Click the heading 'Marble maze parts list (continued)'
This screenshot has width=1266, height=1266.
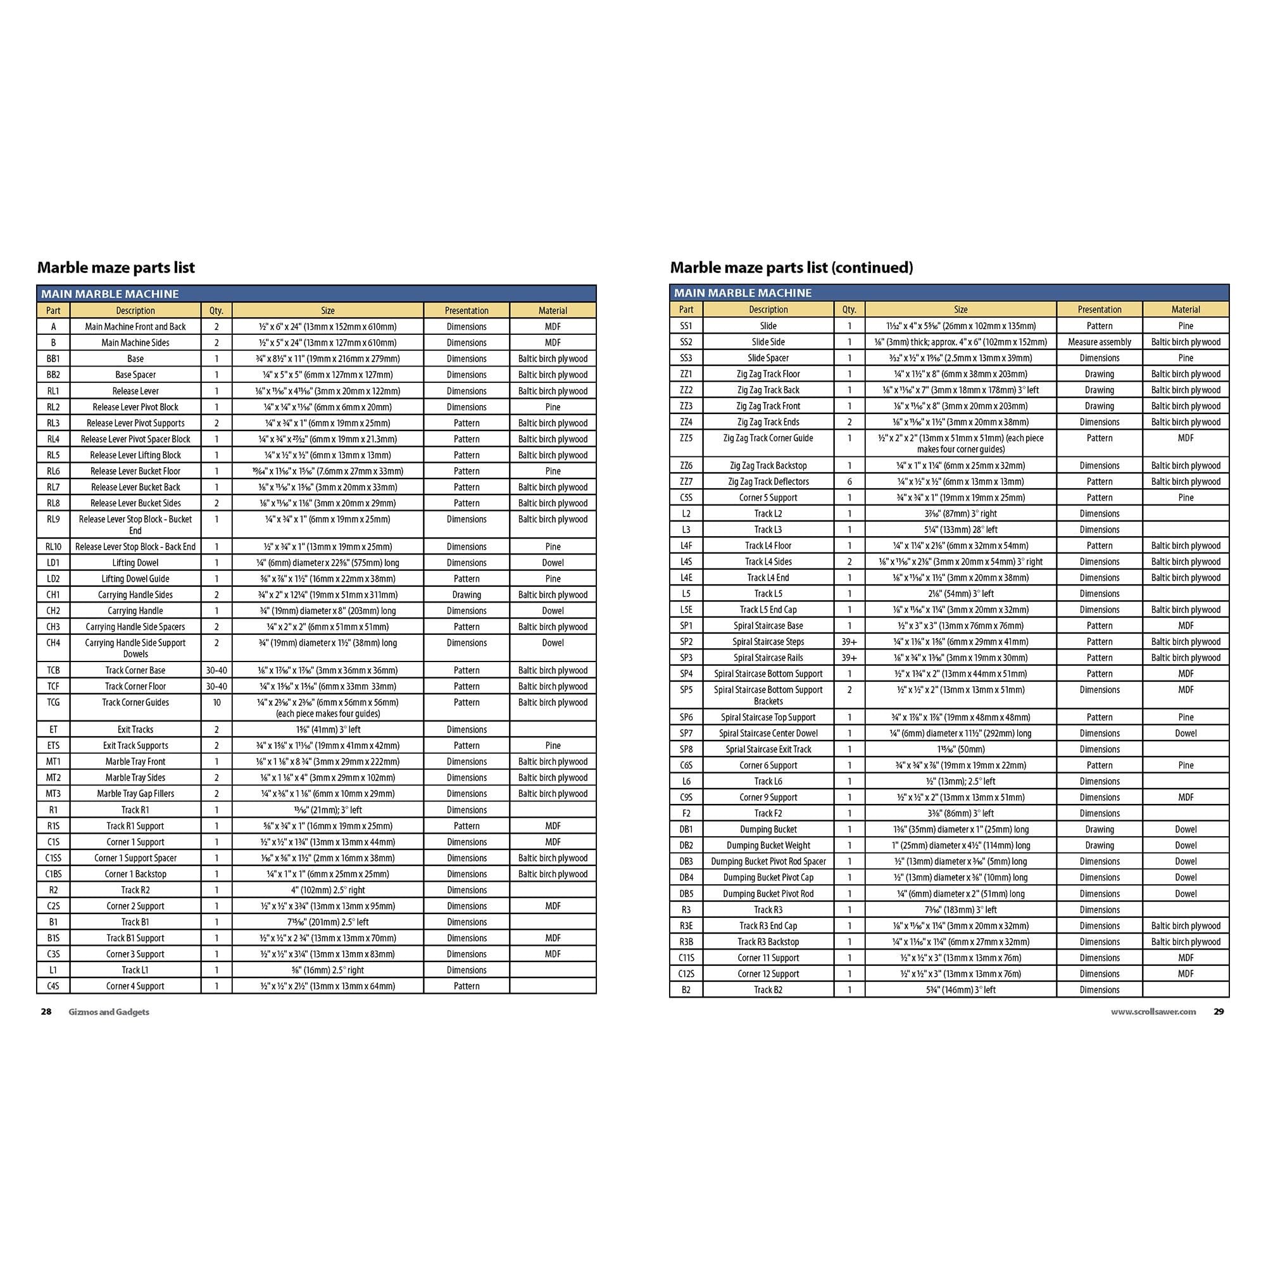[x=791, y=267]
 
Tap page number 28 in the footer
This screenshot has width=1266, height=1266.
[x=46, y=1012]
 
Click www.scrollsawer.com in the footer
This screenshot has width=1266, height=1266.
[x=1153, y=1012]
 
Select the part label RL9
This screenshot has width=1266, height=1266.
[x=53, y=519]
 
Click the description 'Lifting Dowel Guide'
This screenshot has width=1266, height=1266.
[x=135, y=579]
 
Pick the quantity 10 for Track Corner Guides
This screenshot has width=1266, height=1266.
[x=216, y=703]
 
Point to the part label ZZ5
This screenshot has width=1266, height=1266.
[x=686, y=439]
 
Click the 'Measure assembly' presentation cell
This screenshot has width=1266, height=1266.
[x=1099, y=342]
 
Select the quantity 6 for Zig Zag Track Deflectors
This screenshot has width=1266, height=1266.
[x=849, y=482]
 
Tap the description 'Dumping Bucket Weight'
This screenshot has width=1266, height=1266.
[x=768, y=845]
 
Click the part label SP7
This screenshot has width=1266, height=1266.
[x=686, y=733]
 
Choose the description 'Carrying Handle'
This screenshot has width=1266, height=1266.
[x=135, y=611]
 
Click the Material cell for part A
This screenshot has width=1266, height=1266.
[x=553, y=327]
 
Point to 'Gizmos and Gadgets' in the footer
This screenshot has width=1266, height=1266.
[x=109, y=1012]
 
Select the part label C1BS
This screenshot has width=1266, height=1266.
[x=53, y=874]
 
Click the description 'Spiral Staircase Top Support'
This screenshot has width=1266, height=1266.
[x=768, y=718]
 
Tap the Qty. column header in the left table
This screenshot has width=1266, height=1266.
[x=216, y=311]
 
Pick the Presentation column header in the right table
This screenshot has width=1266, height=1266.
[x=1099, y=310]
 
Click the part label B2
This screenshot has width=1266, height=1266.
[x=686, y=990]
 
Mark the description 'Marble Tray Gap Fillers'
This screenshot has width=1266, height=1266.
[x=135, y=794]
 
